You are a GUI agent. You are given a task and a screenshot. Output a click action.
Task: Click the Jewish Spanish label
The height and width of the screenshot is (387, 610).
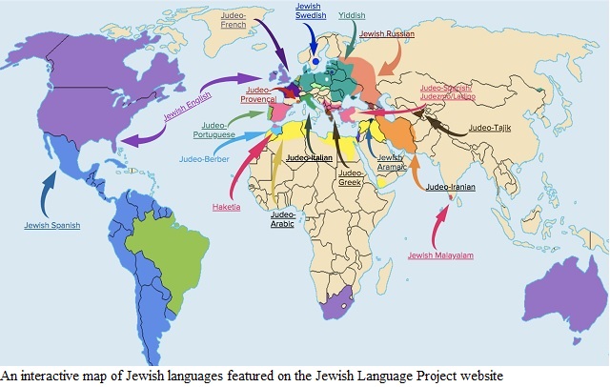(52, 225)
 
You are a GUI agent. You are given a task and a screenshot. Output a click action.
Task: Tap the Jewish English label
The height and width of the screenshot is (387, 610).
(187, 113)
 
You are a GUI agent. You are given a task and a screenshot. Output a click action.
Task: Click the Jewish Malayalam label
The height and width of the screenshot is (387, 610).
(440, 255)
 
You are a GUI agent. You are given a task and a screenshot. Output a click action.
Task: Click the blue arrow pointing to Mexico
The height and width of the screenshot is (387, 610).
(45, 191)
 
